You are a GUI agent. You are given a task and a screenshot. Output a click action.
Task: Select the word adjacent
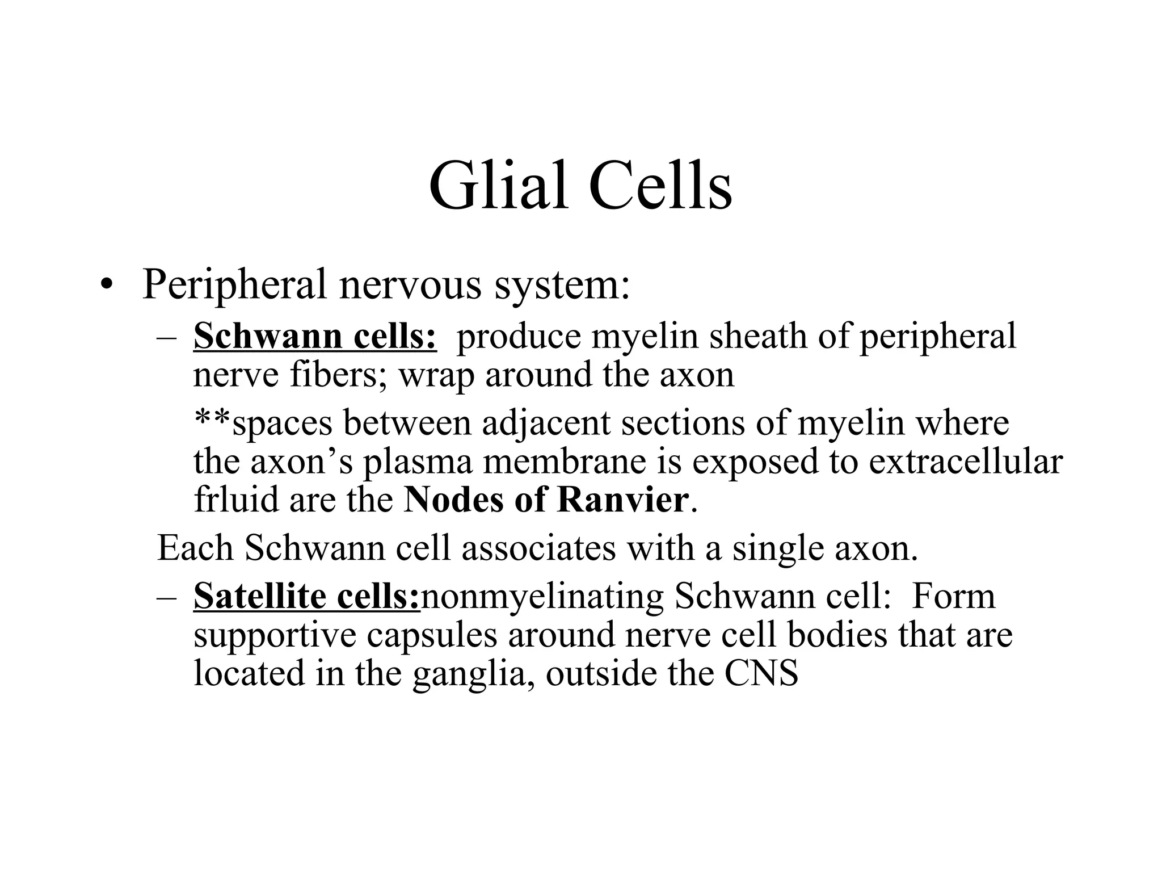(x=545, y=423)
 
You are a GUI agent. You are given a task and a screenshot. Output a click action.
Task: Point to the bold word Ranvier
(x=623, y=500)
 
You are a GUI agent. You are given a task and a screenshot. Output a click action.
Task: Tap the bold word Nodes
(x=453, y=500)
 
